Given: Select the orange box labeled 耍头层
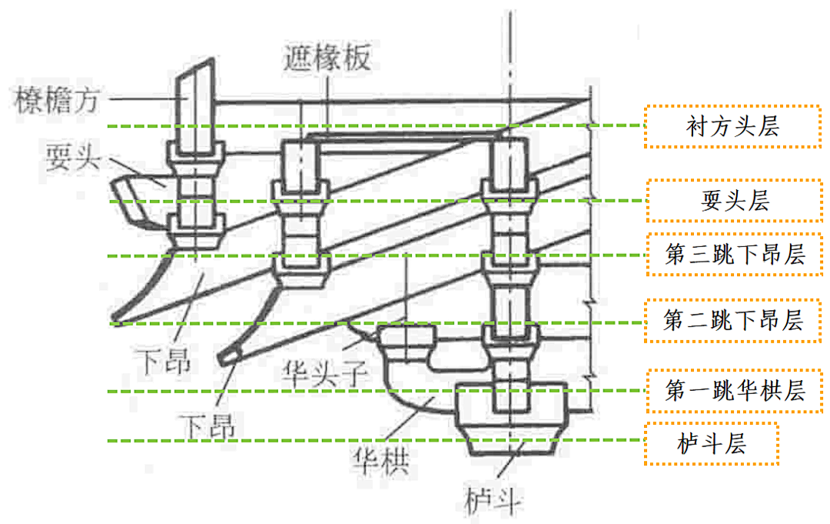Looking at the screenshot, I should point(734,201).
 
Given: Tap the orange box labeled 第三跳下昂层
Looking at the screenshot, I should point(734,255).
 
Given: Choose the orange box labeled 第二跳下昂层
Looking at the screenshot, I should point(733,320).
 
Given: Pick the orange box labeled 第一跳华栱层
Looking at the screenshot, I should point(734,390).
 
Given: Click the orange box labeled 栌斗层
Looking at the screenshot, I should point(711,443).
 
